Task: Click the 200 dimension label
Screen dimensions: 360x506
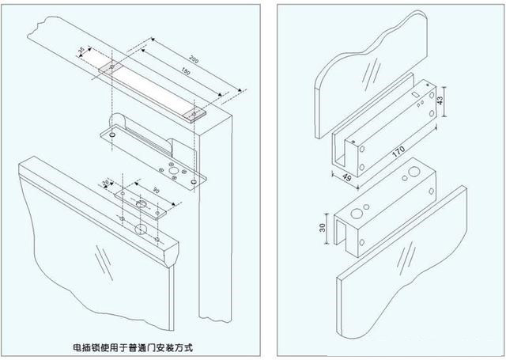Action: (x=194, y=62)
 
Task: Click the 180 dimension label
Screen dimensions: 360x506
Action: (x=186, y=74)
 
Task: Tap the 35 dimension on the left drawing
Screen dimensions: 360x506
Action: (x=81, y=52)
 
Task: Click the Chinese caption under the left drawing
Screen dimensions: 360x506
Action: (x=132, y=347)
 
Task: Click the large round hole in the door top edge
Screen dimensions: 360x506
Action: (x=140, y=231)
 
